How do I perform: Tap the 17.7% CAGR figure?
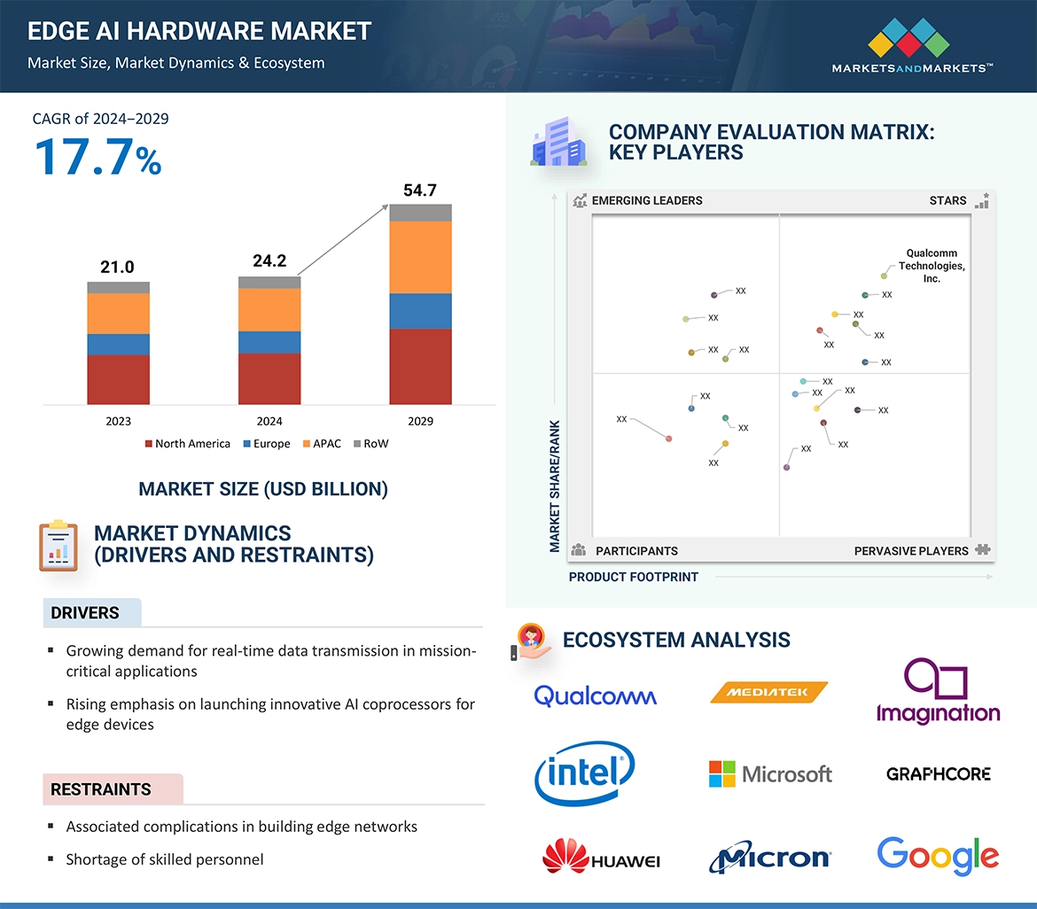pos(97,157)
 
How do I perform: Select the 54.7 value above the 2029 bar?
pos(420,190)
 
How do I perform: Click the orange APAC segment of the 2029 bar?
pos(420,257)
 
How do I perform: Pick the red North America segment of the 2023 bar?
pos(118,379)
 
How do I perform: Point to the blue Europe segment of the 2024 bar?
pos(269,342)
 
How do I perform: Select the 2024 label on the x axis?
pos(269,422)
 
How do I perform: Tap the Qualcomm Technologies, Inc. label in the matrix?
pos(932,266)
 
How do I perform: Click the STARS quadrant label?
pos(947,201)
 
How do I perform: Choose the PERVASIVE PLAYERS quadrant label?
pos(911,551)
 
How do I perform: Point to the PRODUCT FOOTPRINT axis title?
pos(634,577)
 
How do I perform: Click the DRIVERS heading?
pos(85,613)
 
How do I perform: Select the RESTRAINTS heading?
pos(101,789)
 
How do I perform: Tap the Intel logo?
pos(585,773)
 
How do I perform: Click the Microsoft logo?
pos(770,774)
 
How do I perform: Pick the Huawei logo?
pos(601,858)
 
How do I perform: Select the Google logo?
pos(938,856)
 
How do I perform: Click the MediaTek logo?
pos(768,693)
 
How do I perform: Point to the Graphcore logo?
pos(938,774)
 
